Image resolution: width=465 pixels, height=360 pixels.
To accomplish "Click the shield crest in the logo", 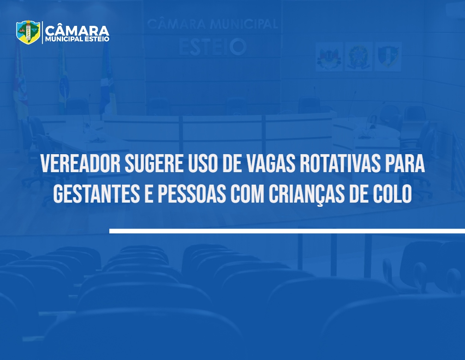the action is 28,32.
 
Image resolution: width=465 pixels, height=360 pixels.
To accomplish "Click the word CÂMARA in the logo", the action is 77,30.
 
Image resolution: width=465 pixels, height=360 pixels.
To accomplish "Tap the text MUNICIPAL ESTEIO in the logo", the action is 77,39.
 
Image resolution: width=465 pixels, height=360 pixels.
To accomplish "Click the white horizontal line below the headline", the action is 287,231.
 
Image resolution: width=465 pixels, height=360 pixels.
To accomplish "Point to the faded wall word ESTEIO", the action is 213,47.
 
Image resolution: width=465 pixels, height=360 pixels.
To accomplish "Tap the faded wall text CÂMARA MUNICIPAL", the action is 212,24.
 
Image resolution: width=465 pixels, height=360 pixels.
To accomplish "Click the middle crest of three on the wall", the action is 358,56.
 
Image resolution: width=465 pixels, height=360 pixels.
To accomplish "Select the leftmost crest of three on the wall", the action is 329,56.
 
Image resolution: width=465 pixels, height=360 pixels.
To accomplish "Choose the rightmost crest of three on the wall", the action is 388,56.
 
